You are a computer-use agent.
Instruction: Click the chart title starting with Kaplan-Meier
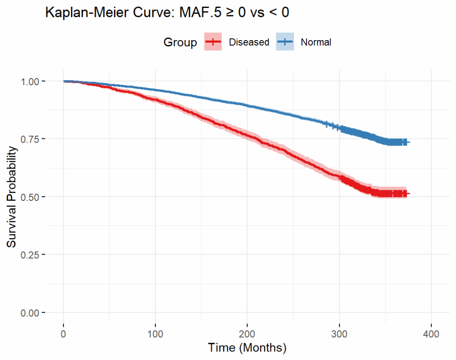[x=167, y=13]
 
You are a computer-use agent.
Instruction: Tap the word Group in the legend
[x=180, y=42]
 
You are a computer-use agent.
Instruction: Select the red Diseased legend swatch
[x=213, y=42]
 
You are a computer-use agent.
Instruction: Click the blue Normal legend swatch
[x=285, y=42]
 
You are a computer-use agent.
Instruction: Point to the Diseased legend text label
[x=249, y=42]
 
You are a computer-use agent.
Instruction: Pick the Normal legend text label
[x=316, y=42]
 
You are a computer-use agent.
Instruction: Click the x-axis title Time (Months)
[x=247, y=348]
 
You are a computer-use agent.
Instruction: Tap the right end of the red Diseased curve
[x=408, y=194]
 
